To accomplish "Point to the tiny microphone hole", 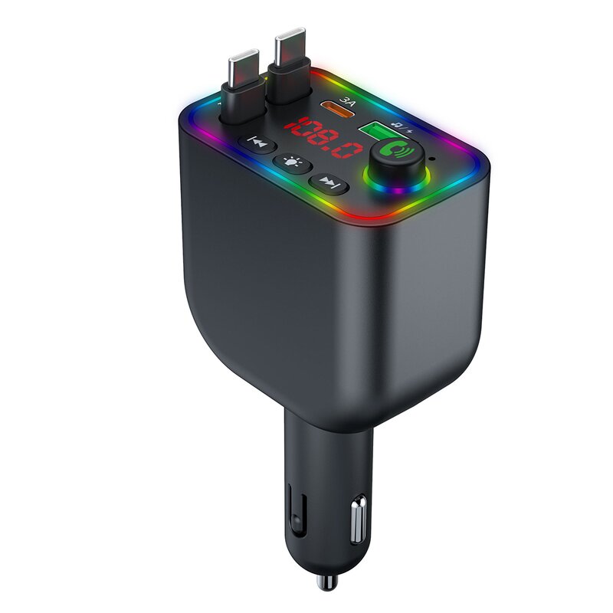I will tap(434, 160).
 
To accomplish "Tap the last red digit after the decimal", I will tap(352, 148).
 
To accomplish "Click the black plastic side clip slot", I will tap(295, 510).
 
